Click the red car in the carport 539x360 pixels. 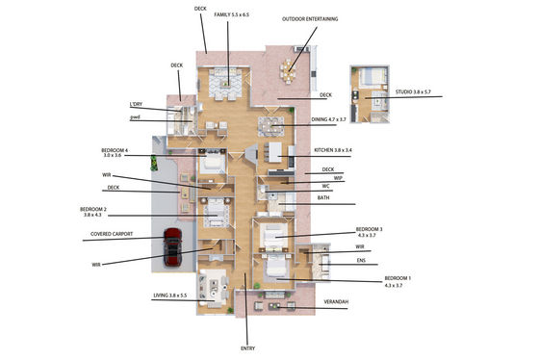coord(172,246)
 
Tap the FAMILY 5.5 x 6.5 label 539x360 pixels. coord(231,14)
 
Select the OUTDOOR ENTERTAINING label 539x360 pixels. coord(310,19)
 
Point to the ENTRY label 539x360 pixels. coord(247,348)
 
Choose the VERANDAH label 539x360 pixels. coord(336,301)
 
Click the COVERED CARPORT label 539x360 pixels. coord(112,234)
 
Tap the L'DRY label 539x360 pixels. coord(136,104)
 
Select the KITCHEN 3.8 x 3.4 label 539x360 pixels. coord(333,150)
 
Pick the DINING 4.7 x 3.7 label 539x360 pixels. coord(328,119)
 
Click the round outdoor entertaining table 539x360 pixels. coord(288,71)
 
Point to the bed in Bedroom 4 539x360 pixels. coord(213,164)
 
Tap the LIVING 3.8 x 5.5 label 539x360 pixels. coord(169,296)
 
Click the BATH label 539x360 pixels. coord(323,197)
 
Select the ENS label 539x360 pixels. coord(361,261)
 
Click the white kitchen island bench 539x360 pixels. coord(275,152)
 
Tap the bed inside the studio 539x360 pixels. coord(369,76)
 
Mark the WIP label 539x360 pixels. coord(338,178)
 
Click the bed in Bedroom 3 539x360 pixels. coord(273,236)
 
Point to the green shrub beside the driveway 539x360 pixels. coord(154,163)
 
